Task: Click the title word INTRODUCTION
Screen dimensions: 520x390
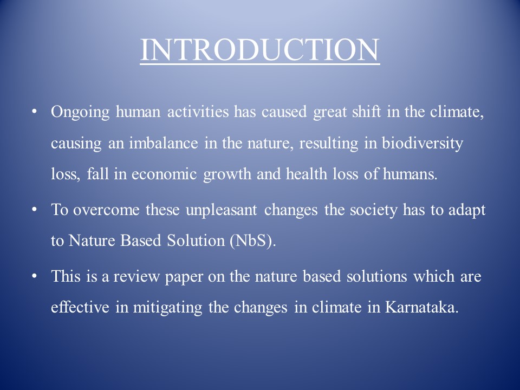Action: [x=259, y=50]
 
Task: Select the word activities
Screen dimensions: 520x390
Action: [x=198, y=112]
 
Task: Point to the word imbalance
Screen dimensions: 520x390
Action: [x=163, y=143]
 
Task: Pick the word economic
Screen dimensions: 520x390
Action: [x=164, y=174]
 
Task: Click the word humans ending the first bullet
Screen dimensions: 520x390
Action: [x=410, y=174]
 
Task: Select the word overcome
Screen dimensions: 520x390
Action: [x=106, y=210]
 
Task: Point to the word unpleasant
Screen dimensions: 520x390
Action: [x=221, y=211]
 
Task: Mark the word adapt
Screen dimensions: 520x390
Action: [x=467, y=211]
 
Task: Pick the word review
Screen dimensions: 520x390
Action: [x=136, y=277]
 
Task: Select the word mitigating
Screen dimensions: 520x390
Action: [x=167, y=308]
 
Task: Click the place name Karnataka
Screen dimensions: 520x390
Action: [x=421, y=307]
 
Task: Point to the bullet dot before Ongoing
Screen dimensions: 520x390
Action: [x=34, y=112]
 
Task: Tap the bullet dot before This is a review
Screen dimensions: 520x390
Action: [x=34, y=276]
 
